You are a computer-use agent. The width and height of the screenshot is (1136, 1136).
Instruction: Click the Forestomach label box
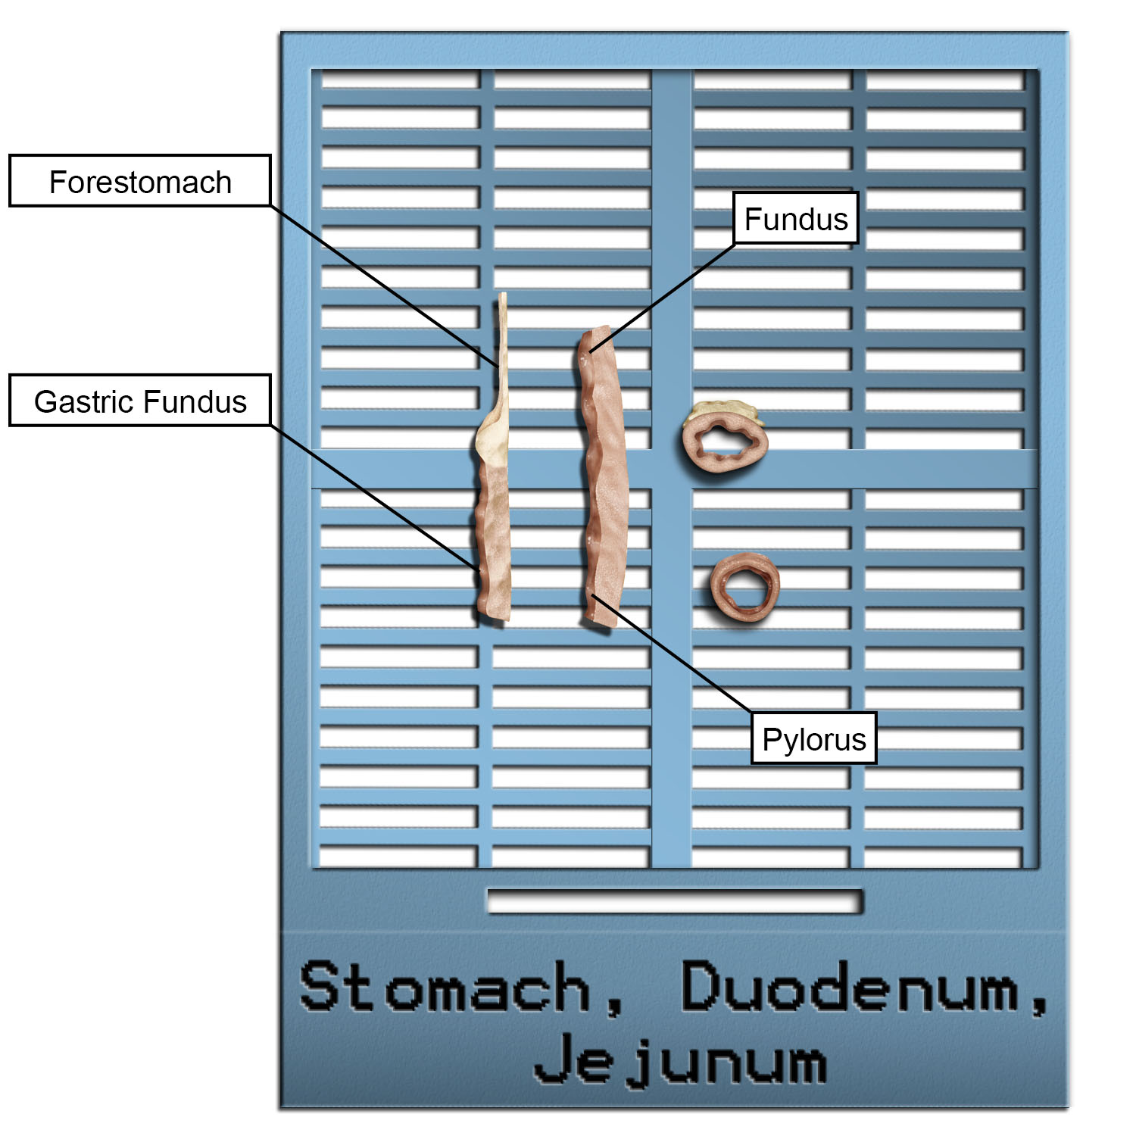coord(140,181)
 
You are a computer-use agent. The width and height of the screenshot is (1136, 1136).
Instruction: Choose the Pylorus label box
coord(813,738)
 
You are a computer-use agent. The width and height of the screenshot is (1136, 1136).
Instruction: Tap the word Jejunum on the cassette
coord(679,1060)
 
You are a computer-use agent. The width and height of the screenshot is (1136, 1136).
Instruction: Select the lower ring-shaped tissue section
coord(745,588)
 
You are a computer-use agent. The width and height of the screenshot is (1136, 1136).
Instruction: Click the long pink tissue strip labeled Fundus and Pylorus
coord(604,477)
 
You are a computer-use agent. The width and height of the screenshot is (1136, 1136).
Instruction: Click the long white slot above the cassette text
coord(674,900)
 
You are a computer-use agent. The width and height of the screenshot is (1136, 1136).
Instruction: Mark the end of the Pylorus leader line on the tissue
coord(593,596)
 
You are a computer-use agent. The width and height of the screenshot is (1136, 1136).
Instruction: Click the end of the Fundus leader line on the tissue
coord(591,351)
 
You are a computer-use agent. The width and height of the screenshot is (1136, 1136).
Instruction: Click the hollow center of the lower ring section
coord(746,587)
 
